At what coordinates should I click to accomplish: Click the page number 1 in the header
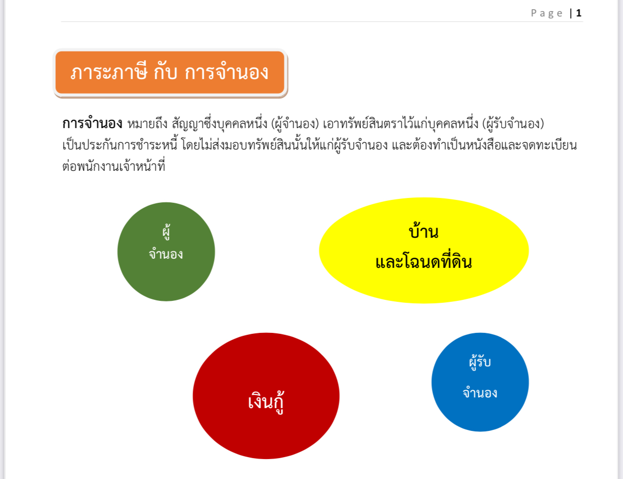[579, 13]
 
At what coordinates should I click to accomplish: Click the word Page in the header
[546, 13]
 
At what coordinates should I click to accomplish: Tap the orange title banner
[170, 72]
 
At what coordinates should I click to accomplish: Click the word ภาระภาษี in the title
[109, 72]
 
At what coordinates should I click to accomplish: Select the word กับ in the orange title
[165, 72]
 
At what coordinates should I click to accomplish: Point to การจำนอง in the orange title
[227, 72]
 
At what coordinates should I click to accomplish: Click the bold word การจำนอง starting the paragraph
[92, 124]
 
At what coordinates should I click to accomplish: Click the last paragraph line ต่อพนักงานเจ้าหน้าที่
[114, 165]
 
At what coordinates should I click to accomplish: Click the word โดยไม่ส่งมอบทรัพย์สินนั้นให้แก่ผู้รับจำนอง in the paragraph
[284, 145]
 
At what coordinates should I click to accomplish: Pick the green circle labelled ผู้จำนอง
[166, 252]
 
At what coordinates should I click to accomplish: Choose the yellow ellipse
[424, 250]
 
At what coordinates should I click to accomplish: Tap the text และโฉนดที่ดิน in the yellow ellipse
[424, 261]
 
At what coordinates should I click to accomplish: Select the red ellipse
[266, 396]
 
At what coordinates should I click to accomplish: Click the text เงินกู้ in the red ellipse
[266, 402]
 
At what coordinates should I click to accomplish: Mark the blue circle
[480, 382]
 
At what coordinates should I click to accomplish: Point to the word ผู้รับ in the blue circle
[480, 362]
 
